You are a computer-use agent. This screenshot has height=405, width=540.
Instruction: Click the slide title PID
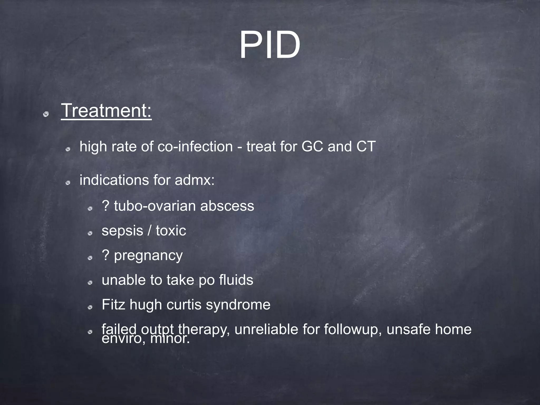pos(270,45)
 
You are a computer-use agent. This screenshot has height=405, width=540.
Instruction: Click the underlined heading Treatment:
pos(106,110)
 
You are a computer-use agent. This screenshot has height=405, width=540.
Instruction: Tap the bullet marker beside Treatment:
pos(46,114)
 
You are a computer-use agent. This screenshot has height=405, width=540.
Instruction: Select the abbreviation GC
pos(312,146)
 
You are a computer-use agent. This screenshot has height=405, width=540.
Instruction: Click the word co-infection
pos(195,146)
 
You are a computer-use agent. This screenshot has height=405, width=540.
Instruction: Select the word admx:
pos(195,180)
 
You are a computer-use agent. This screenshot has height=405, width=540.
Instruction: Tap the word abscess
pos(227,206)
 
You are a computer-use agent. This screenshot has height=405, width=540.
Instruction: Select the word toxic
pos(171,230)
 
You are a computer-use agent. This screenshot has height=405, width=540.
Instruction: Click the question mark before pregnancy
pos(105,255)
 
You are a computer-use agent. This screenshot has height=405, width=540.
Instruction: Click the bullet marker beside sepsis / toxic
pos(90,233)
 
